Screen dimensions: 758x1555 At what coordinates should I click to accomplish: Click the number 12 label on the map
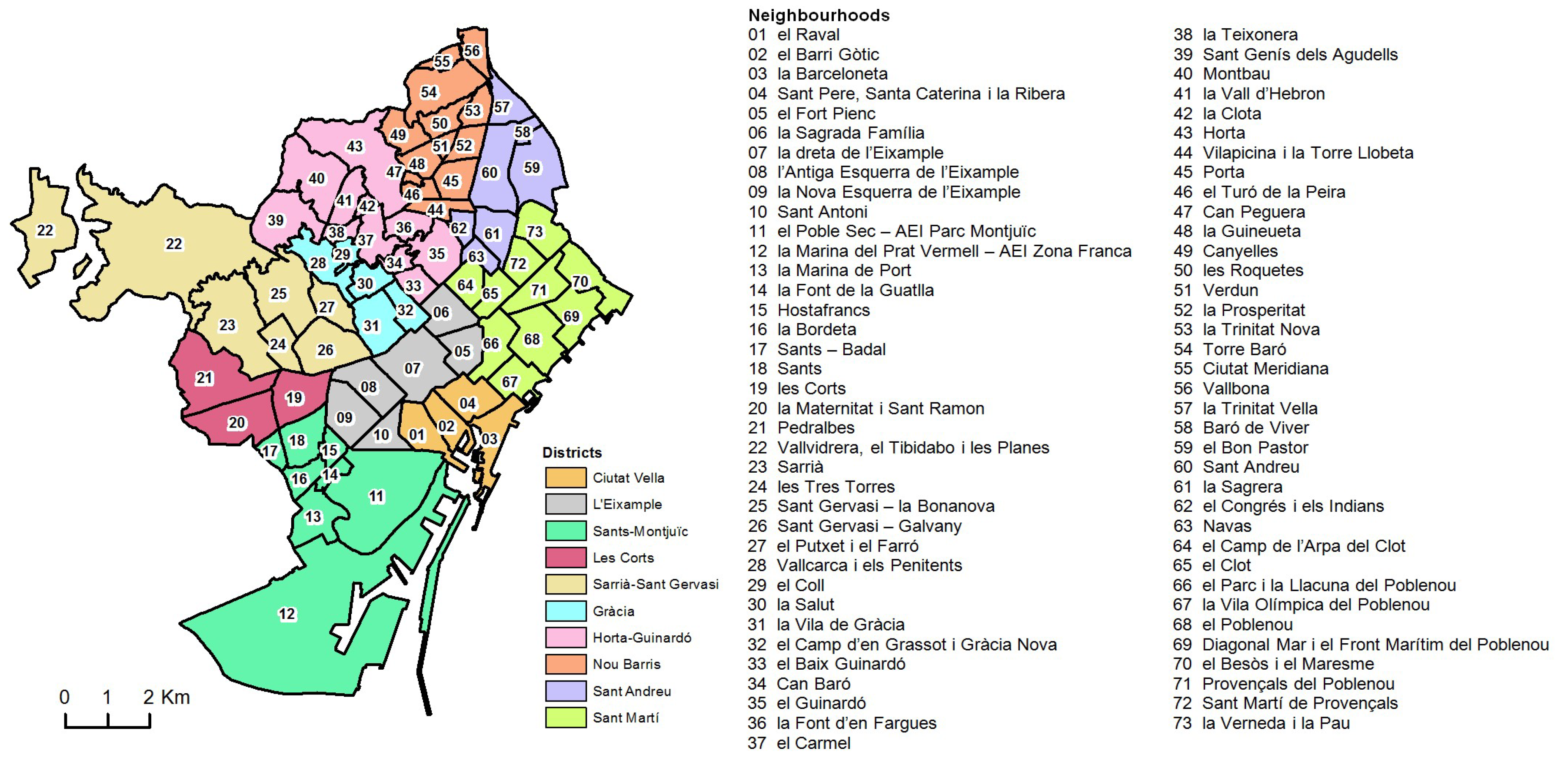point(287,614)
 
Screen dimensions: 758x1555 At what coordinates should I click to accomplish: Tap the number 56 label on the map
point(472,51)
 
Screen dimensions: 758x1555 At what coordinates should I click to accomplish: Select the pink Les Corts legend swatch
point(565,558)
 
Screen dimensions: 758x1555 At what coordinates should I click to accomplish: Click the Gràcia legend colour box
point(565,611)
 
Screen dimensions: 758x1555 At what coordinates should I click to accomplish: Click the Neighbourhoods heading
point(819,15)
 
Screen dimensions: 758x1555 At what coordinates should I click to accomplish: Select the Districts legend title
point(572,452)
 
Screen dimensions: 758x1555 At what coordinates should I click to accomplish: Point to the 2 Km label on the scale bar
point(166,697)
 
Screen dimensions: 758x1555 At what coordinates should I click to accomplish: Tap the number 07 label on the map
point(412,368)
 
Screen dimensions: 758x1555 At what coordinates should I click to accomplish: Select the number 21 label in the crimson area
point(204,378)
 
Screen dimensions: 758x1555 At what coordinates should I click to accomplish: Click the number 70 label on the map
point(579,281)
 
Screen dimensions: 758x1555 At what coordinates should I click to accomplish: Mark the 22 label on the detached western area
point(45,230)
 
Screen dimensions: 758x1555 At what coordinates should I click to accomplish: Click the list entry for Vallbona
point(1235,388)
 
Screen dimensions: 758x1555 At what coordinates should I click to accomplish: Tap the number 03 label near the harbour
point(489,439)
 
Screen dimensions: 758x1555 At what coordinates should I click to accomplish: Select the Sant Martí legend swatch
point(565,717)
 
